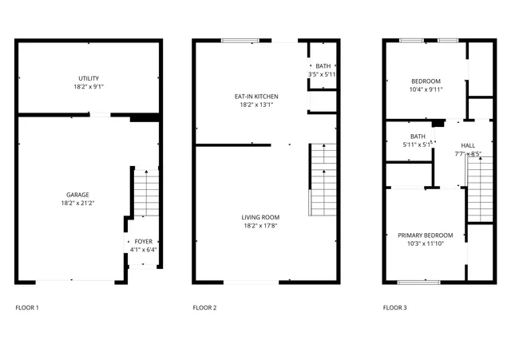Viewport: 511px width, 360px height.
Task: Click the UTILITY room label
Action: [x=88, y=77]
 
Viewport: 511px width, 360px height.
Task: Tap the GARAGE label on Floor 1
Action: [x=77, y=195]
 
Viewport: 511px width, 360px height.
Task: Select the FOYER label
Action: [x=143, y=241]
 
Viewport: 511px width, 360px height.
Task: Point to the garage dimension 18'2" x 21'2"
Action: [x=77, y=204]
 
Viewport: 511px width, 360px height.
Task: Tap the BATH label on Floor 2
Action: [x=323, y=66]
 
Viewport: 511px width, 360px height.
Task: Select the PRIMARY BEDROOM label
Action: [x=425, y=235]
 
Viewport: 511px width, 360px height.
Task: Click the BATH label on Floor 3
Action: [x=418, y=136]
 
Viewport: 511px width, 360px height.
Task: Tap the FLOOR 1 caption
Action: [x=26, y=307]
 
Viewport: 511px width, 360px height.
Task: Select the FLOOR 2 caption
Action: [x=204, y=307]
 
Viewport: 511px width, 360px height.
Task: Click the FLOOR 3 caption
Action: [x=394, y=307]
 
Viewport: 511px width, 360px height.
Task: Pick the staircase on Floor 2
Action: [x=323, y=180]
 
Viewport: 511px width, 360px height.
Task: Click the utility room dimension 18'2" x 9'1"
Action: [x=88, y=86]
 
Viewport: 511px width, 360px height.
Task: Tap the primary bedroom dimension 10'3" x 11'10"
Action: [x=425, y=244]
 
